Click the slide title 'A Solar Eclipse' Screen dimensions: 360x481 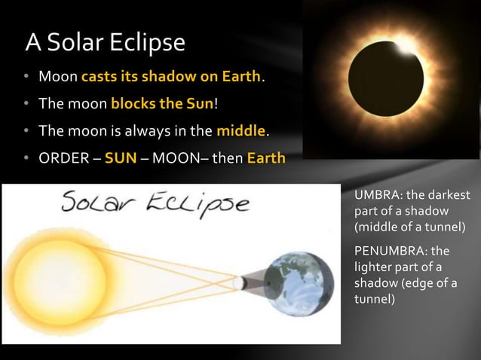coord(105,42)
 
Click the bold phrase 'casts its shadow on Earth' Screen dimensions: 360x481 coord(171,77)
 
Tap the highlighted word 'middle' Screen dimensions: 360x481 coord(241,131)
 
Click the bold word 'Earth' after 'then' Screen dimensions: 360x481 coord(266,159)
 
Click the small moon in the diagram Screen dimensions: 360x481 coord(239,283)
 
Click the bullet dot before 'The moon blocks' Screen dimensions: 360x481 coord(25,104)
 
